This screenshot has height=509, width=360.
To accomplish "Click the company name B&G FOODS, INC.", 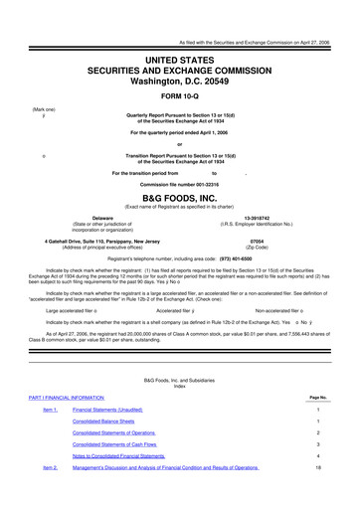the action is pos(179,198).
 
